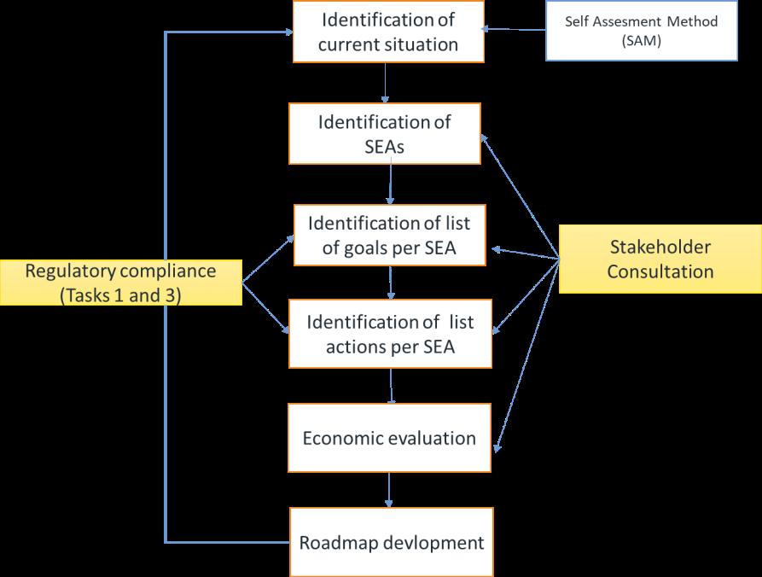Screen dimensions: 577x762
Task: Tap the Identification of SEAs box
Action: point(385,133)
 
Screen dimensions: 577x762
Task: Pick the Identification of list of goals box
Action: point(390,236)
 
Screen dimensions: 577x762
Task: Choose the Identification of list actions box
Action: point(391,334)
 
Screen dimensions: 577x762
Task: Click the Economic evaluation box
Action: point(390,439)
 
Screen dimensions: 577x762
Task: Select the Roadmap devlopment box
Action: point(392,542)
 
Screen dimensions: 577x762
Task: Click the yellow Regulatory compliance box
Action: point(120,283)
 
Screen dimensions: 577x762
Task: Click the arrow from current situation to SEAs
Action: point(386,82)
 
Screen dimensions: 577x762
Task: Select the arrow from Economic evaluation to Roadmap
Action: point(390,489)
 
